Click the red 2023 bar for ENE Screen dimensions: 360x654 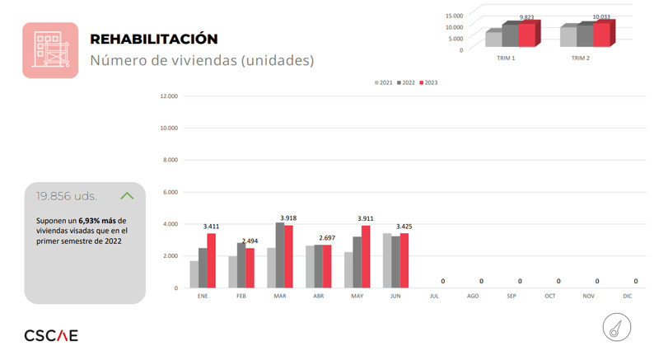click(x=212, y=260)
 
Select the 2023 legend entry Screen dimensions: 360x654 click(x=427, y=83)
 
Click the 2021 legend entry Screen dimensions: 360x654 click(x=383, y=83)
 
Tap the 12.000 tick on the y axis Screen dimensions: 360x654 click(x=168, y=96)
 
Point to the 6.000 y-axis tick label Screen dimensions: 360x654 click(x=169, y=192)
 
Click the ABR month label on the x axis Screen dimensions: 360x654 click(x=319, y=294)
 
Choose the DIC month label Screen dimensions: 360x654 click(x=628, y=294)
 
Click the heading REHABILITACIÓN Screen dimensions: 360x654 click(x=153, y=39)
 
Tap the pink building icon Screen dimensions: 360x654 click(x=49, y=49)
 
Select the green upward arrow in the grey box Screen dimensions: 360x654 click(x=127, y=196)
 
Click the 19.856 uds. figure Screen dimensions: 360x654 click(x=66, y=196)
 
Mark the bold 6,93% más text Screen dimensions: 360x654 click(x=97, y=222)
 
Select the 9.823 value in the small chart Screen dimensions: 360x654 click(x=528, y=16)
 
